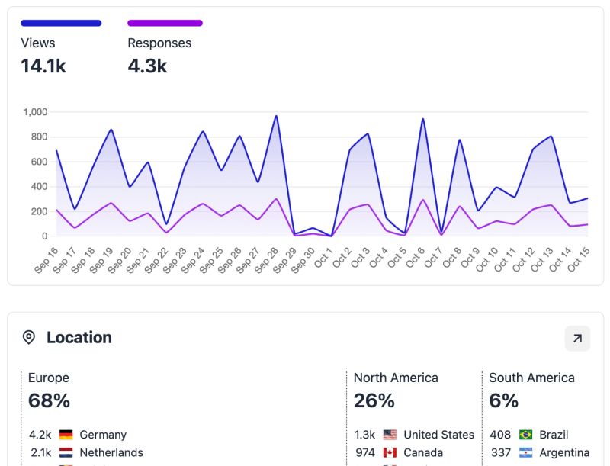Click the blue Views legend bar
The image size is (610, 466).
coord(61,23)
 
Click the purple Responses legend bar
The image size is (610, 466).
coord(165,23)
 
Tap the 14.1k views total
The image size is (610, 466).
coord(43,66)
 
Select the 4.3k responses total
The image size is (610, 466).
coord(147,66)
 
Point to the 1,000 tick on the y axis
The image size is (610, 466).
coord(35,112)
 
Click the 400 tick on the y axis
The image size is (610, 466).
coord(38,187)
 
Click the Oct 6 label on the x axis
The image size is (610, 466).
coord(414,258)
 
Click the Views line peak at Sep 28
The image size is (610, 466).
coord(276,116)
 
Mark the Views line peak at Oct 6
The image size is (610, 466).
coord(422,119)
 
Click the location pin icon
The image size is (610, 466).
coord(29,337)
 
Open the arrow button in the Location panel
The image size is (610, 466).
coord(577,338)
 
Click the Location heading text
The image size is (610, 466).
coord(79,337)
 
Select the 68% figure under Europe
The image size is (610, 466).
coord(49,400)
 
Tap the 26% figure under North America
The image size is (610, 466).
coord(374,400)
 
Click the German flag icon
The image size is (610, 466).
coord(66,435)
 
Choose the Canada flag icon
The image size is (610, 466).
coord(390,452)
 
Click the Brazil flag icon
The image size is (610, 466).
coord(525,435)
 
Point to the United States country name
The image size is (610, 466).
coord(438,435)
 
